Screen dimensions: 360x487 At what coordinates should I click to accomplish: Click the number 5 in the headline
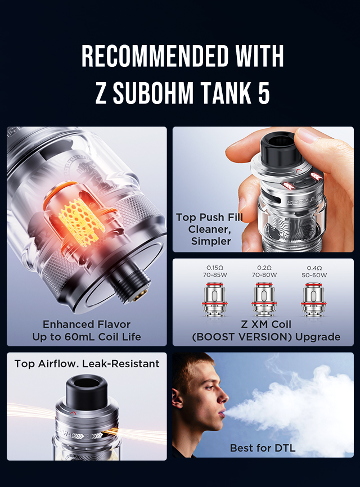click(x=264, y=93)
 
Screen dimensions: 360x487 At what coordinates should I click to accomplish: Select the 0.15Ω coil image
click(x=215, y=299)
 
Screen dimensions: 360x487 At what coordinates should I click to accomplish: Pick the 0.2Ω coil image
click(x=264, y=299)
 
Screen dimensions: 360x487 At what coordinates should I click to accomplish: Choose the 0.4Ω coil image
click(x=314, y=299)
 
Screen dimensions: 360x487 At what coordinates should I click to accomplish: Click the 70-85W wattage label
click(x=215, y=275)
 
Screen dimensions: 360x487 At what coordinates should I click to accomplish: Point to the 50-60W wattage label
click(x=314, y=275)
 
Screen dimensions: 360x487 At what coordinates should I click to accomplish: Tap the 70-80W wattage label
click(x=264, y=275)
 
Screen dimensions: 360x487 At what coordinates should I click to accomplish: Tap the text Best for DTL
click(x=263, y=448)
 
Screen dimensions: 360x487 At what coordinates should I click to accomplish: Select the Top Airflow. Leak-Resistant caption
click(x=87, y=364)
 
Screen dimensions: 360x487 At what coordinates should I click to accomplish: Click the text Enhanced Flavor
click(x=87, y=324)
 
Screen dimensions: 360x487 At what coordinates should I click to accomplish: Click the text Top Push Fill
click(x=209, y=217)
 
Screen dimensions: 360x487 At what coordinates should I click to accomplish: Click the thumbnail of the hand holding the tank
click(x=263, y=190)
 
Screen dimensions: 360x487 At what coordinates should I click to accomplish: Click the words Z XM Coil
click(x=266, y=324)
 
